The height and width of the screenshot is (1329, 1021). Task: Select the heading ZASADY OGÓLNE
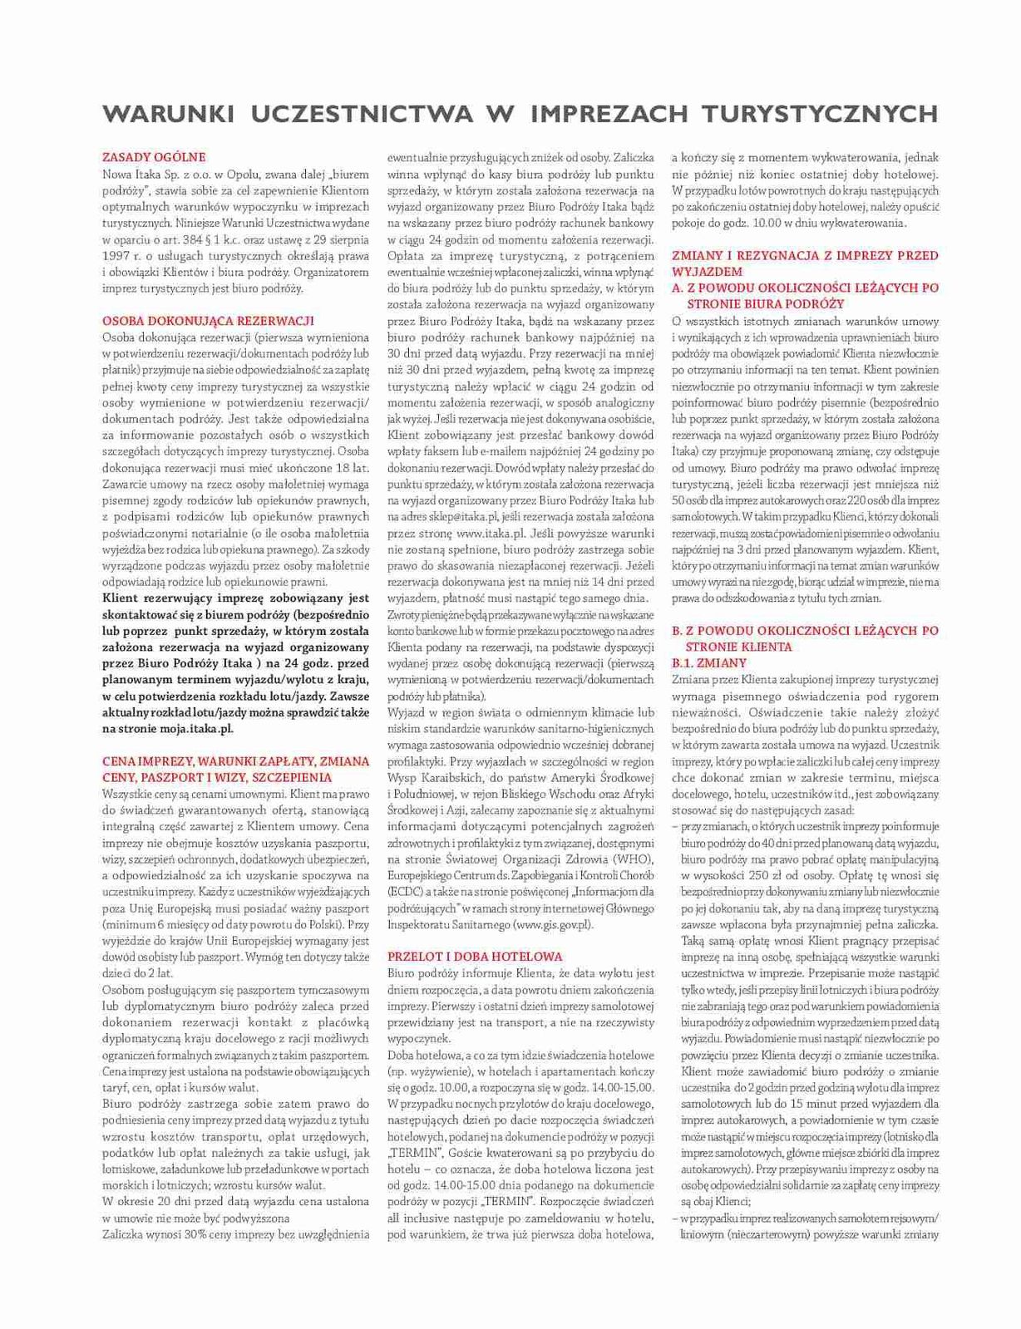[x=154, y=157]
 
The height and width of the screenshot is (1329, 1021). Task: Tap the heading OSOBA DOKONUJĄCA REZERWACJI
[x=207, y=321]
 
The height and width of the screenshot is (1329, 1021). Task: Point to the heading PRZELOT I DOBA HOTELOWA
[x=475, y=957]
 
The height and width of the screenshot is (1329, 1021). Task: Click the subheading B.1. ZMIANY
[x=709, y=663]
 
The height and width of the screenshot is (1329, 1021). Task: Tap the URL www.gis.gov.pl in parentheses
[x=554, y=923]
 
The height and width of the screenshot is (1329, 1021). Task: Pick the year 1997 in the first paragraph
[x=116, y=255]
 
